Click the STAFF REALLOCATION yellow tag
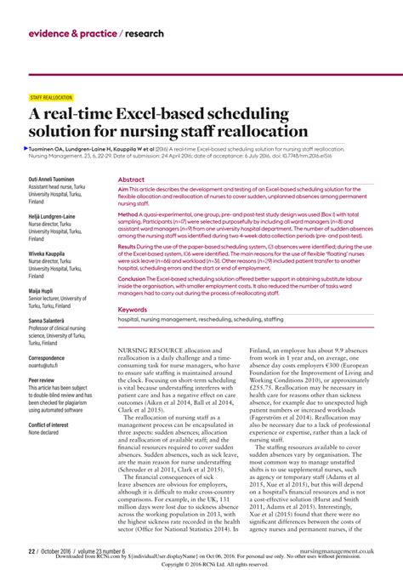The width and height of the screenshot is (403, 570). [52, 97]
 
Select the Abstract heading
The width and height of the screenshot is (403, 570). [131, 180]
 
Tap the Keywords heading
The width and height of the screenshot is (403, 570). [133, 310]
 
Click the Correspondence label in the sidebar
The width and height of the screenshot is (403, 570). [52, 358]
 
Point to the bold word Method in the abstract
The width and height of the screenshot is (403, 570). [130, 215]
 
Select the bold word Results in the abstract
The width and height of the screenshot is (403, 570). [131, 246]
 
